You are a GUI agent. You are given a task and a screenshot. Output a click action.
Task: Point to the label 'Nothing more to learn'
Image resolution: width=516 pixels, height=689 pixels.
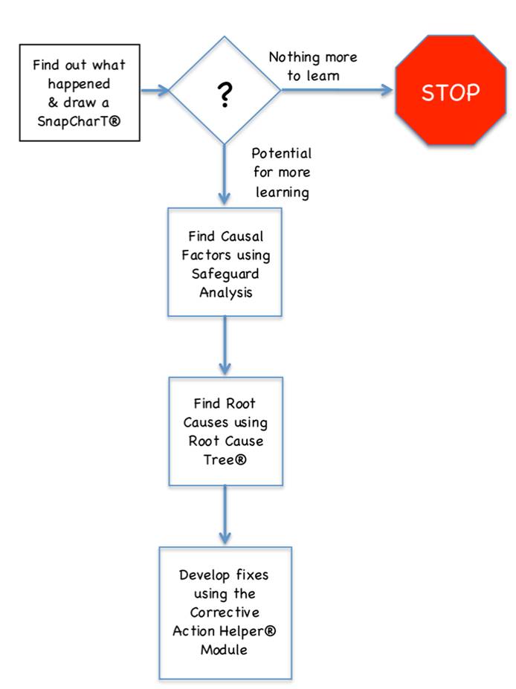click(x=312, y=65)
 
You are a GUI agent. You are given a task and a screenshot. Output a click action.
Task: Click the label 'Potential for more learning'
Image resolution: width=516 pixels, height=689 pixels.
click(x=281, y=172)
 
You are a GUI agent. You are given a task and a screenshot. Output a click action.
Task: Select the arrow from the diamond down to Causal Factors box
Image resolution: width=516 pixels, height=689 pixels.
click(x=225, y=175)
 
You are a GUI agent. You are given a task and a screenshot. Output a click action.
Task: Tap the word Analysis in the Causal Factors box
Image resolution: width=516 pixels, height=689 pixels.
click(x=225, y=292)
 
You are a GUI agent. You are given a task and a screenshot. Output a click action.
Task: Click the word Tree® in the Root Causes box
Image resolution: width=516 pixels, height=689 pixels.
click(x=224, y=459)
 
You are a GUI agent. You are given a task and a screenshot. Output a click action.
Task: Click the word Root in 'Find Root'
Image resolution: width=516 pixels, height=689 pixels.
click(x=240, y=404)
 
